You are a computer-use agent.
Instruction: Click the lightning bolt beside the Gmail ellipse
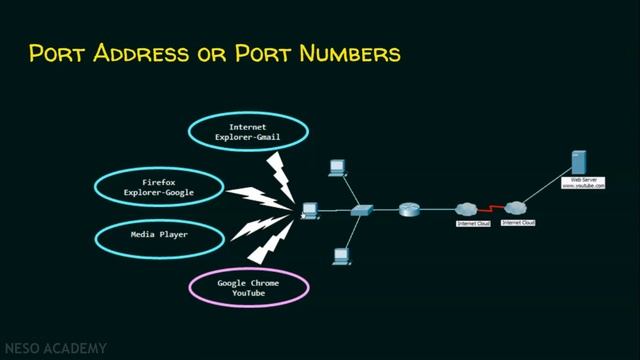click(278, 176)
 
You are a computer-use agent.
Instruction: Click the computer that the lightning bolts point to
click(311, 210)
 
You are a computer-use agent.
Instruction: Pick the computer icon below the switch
click(341, 255)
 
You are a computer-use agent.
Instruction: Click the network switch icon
click(362, 211)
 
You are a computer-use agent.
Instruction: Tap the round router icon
click(409, 210)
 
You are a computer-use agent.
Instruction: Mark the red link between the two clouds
click(490, 210)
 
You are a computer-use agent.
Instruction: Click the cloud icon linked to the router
click(467, 210)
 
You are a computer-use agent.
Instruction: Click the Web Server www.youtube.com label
click(582, 183)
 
